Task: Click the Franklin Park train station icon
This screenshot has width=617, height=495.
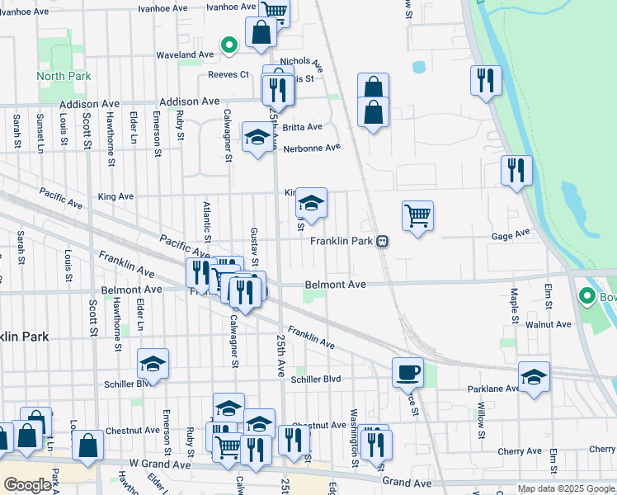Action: pos(383,242)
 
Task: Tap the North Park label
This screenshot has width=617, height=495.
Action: pos(57,77)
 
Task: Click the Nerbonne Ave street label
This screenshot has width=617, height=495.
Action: pos(312,148)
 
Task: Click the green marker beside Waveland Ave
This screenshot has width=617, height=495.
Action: pos(229,45)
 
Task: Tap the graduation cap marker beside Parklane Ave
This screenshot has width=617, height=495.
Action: pos(534,376)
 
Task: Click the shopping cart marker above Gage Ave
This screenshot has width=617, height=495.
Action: pos(417,215)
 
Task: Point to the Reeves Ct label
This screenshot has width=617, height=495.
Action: pos(228,74)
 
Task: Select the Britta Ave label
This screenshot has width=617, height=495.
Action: pos(303,127)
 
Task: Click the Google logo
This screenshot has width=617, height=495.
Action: pos(27,485)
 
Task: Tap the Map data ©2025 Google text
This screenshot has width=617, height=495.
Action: pos(566,489)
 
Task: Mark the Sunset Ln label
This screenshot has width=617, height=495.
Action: pos(40,132)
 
